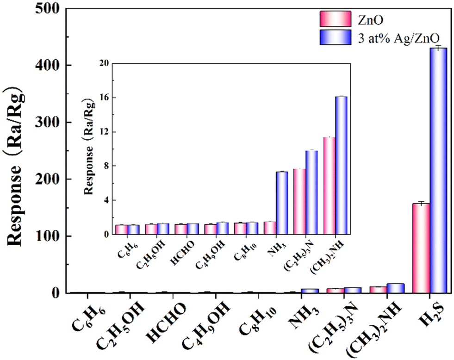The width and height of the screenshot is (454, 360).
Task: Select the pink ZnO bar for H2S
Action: (x=421, y=248)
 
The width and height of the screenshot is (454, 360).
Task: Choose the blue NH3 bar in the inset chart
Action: (x=282, y=203)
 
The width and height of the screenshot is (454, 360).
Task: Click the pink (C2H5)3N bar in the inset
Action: (x=299, y=201)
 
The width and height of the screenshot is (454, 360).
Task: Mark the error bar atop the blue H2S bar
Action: (x=438, y=48)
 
